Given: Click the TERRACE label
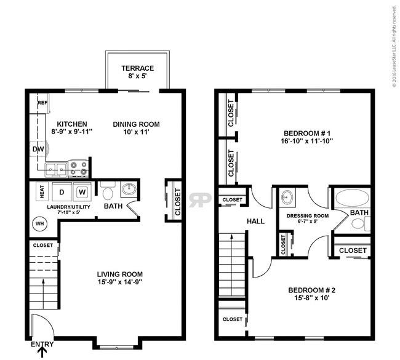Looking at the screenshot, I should tap(137, 68).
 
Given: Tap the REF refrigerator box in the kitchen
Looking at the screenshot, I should tap(42, 103).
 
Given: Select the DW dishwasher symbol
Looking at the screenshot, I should tap(37, 148).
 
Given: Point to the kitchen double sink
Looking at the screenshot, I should tap(55, 168).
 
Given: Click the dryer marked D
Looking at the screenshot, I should tap(62, 191).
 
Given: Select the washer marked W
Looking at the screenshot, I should tap(82, 191).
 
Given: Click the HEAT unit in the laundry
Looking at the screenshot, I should tap(42, 191).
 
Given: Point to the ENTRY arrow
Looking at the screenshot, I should tap(42, 352).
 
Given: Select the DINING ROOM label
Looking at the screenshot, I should tap(137, 124).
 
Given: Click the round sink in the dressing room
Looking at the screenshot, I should tap(287, 198).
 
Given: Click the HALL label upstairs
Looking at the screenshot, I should tap(255, 221).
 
